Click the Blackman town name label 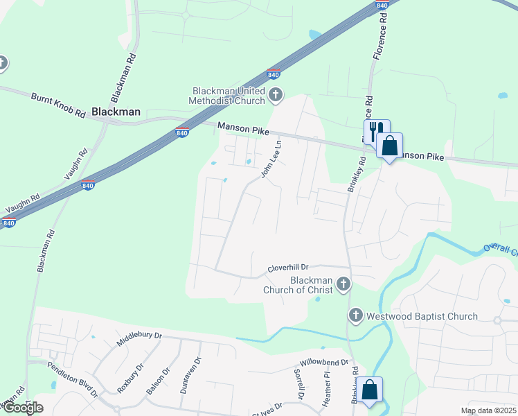click(116, 111)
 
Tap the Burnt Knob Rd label click(57, 105)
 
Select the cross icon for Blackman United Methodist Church click(276, 95)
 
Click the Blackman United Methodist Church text click(229, 96)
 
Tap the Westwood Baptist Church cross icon click(356, 316)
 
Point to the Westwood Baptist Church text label click(421, 316)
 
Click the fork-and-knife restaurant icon click(377, 130)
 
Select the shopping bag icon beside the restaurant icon click(390, 146)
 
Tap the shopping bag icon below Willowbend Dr click(370, 390)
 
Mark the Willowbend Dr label click(324, 363)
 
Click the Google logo click(22, 408)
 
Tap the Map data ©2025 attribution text click(488, 410)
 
